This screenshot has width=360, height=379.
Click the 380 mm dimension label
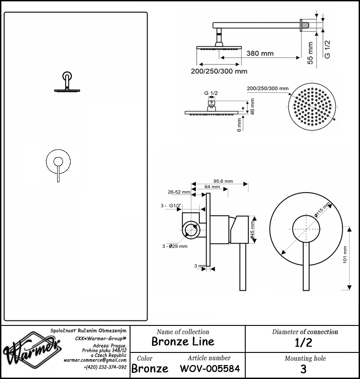[260, 54]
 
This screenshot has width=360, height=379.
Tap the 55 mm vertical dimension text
[310, 53]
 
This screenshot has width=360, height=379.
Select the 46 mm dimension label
[252, 106]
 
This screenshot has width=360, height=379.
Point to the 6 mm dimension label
[239, 125]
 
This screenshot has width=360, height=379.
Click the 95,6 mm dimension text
[223, 181]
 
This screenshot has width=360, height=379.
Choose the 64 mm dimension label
[212, 187]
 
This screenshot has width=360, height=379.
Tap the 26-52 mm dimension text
[179, 192]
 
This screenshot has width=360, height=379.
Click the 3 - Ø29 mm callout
[175, 246]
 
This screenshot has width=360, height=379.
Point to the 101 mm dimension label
[345, 254]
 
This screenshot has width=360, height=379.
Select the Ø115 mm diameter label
[322, 210]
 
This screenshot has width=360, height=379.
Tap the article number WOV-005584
[210, 369]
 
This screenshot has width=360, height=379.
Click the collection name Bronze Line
[183, 342]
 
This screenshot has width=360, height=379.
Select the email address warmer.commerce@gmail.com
[95, 360]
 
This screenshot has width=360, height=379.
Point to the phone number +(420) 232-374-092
[105, 367]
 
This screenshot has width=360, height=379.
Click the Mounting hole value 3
[303, 369]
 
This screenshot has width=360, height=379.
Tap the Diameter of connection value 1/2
[303, 343]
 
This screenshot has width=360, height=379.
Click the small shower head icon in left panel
[67, 82]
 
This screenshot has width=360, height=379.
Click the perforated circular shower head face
[312, 107]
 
